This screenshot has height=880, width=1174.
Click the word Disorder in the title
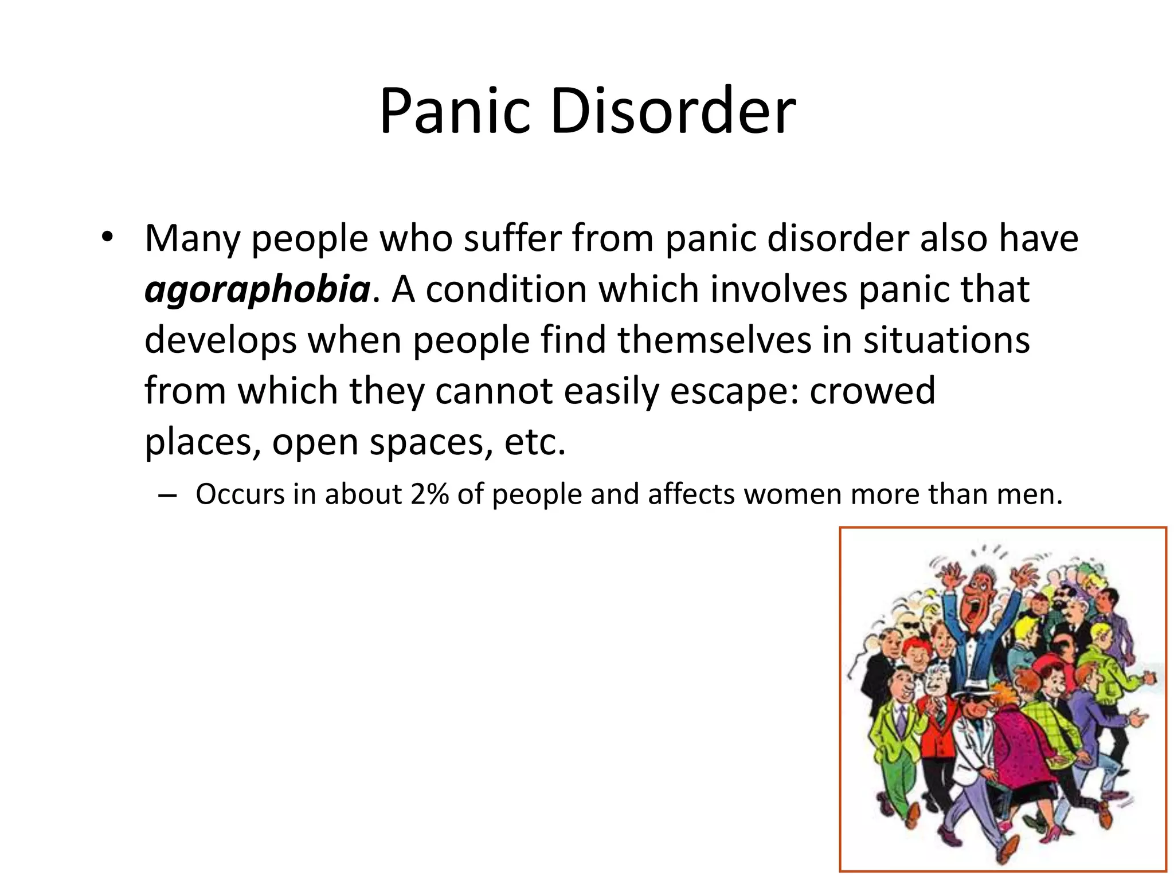[x=673, y=111]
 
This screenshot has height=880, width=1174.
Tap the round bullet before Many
[x=107, y=238]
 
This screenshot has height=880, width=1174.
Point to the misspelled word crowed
[x=872, y=391]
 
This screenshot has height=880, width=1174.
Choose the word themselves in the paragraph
[x=714, y=340]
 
